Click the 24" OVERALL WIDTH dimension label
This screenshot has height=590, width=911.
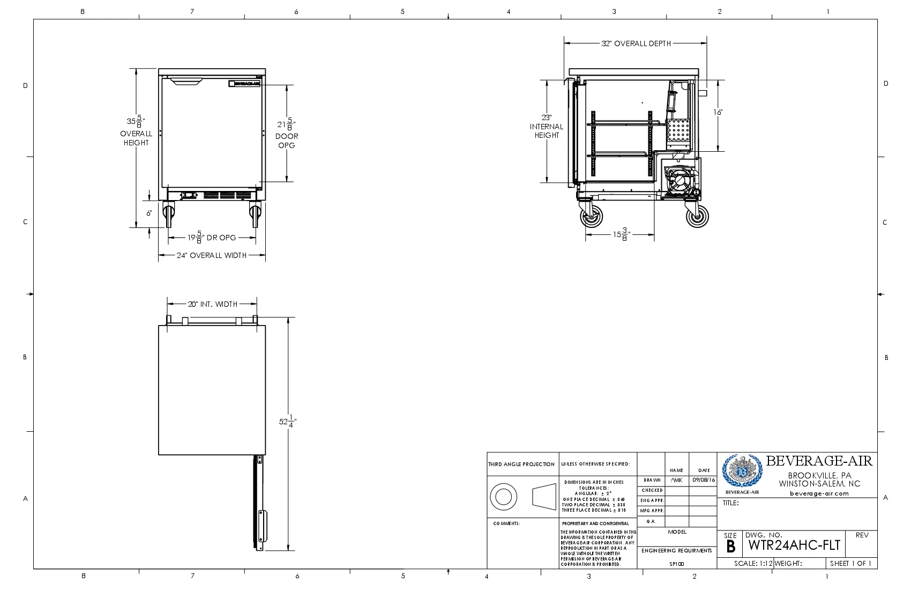[212, 255]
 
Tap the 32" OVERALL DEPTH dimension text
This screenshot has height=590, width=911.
[636, 43]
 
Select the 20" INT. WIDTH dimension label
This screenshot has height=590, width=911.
[212, 304]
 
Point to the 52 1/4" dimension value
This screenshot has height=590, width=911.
[287, 422]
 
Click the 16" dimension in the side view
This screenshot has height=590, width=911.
[718, 112]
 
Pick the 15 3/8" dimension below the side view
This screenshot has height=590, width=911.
[622, 234]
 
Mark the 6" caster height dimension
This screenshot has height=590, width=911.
[150, 213]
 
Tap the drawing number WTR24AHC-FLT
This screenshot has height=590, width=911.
[794, 545]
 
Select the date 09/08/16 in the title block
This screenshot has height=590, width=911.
[703, 480]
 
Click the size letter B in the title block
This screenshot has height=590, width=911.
[730, 547]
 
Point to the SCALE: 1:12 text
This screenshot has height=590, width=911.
[753, 564]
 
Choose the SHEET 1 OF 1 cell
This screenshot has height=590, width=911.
[850, 564]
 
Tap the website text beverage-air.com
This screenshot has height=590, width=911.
[819, 493]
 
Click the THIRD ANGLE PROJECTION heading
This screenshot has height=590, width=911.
[521, 464]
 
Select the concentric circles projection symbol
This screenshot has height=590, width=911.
[503, 496]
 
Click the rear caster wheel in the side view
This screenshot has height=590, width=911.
[697, 217]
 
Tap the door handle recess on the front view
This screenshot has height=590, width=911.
[186, 82]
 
